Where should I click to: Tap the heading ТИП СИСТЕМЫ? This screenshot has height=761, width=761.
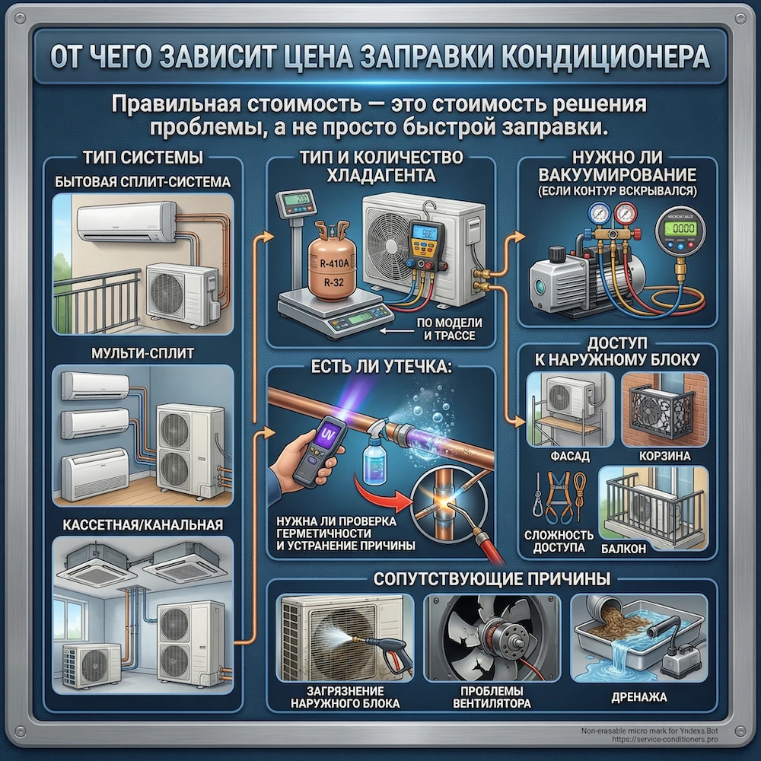coord(142,159)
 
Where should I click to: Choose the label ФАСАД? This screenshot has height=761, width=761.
coord(565,455)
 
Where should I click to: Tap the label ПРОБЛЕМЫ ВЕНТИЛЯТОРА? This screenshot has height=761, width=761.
coord(495,697)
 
